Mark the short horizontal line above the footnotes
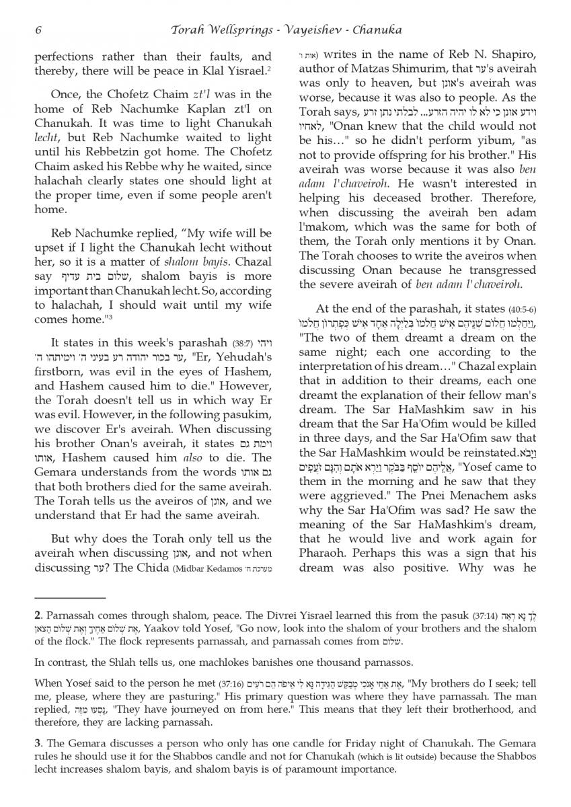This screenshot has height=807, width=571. [70, 597]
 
